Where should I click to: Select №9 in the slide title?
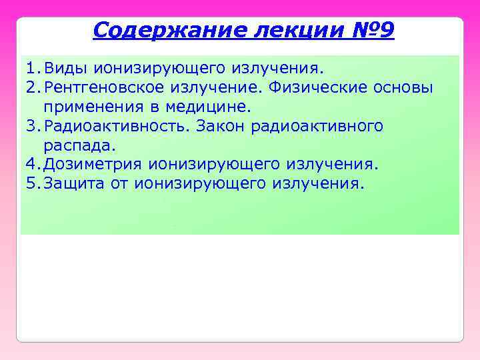click(375, 30)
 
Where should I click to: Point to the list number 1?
click(31, 68)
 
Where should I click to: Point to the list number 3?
click(31, 126)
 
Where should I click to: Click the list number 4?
click(31, 165)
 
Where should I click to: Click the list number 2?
click(31, 87)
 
